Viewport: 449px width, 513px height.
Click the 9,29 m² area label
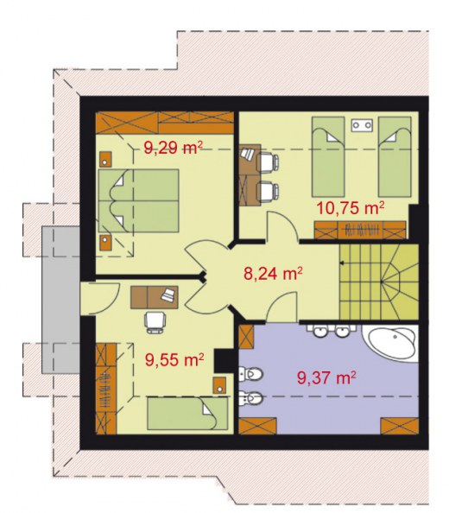pyautogui.click(x=174, y=148)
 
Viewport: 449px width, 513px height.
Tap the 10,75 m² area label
pyautogui.click(x=351, y=208)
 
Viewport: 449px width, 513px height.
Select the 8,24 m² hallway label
pyautogui.click(x=273, y=274)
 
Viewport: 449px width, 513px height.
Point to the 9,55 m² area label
pyautogui.click(x=174, y=359)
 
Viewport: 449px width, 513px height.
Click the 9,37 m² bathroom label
pyautogui.click(x=326, y=377)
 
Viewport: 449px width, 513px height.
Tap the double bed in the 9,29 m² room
pyautogui.click(x=139, y=200)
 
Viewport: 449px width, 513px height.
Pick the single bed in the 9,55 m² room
pyautogui.click(x=187, y=413)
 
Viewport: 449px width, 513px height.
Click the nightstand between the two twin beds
pyautogui.click(x=362, y=124)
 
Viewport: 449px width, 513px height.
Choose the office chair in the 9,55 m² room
pyautogui.click(x=155, y=322)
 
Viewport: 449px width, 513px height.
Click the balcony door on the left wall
pyautogui.click(x=100, y=298)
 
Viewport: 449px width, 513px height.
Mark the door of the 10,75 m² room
pyautogui.click(x=281, y=225)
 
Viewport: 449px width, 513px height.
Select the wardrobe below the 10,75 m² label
pyautogui.click(x=360, y=230)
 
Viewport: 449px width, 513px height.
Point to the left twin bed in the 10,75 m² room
pyautogui.click(x=328, y=157)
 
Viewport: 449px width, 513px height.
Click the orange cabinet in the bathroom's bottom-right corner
pyautogui.click(x=400, y=426)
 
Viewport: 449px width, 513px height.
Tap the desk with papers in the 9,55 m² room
pyautogui.click(x=155, y=297)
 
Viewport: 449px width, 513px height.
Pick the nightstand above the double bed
pyautogui.click(x=105, y=159)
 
